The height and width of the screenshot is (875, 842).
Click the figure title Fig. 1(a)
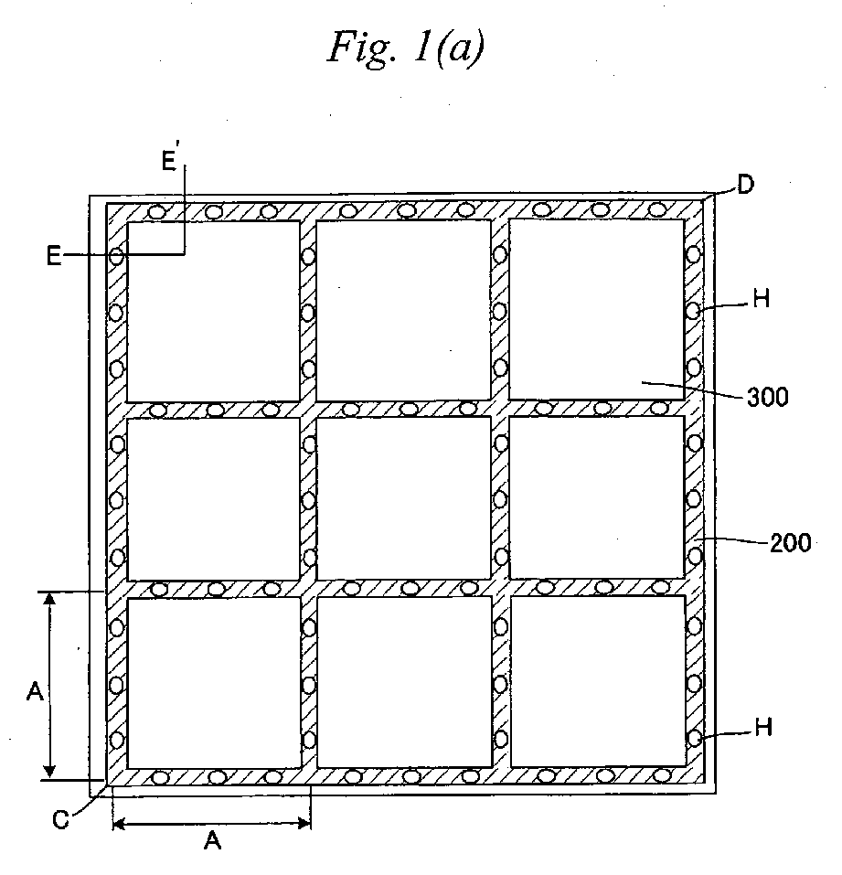406,48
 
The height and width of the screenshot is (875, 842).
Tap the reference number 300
768,398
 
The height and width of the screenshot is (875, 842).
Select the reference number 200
791,542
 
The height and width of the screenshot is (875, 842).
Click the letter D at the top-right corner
745,185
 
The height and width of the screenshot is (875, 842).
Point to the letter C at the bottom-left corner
60,819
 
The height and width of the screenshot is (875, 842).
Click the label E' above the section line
170,161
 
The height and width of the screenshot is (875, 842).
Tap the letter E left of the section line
54,256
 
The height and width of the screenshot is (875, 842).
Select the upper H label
762,299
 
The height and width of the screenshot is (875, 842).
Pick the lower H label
763,727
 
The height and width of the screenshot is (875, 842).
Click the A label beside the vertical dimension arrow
35,692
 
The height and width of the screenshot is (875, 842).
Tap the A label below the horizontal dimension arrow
212,840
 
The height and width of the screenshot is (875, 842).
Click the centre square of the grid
404,498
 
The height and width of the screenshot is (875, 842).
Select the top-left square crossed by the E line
214,312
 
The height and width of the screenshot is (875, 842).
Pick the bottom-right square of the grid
598,681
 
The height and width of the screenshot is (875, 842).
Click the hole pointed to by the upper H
693,311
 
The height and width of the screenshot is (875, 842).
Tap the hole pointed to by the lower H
694,739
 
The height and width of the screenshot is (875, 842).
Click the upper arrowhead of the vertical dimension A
49,598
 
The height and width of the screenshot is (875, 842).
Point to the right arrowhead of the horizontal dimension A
304,823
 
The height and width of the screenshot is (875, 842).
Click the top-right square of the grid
596,309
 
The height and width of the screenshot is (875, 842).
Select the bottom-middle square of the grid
404,682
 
